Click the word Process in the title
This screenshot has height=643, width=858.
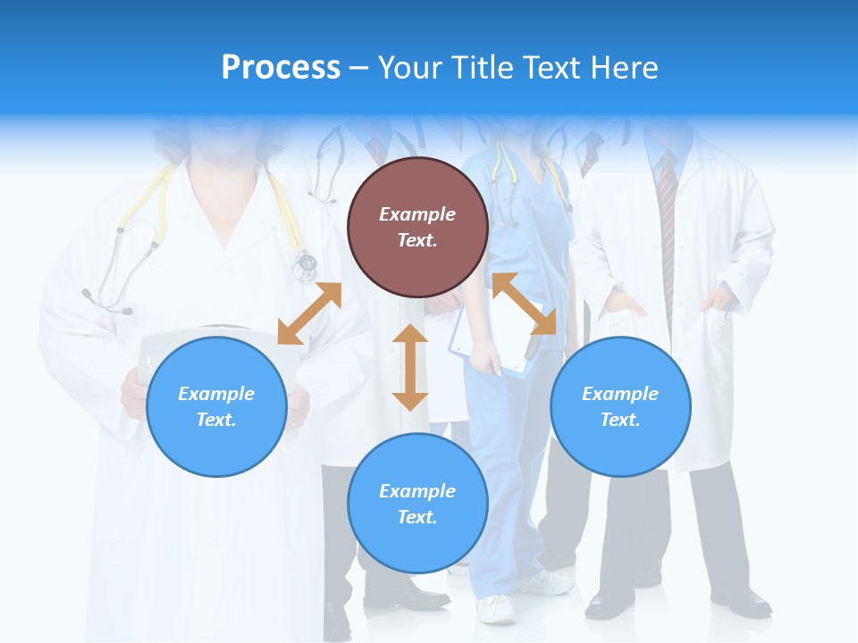281,67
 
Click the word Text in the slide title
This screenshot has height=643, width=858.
552,67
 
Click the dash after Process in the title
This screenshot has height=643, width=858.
358,69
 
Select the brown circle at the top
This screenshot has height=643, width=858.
417,227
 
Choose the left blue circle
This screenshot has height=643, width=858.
216,406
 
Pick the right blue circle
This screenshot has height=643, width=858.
620,406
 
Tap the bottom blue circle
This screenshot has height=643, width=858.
417,504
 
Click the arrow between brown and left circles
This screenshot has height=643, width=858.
309,313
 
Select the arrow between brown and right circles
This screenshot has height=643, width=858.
525,305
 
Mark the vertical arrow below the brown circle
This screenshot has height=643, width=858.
410,367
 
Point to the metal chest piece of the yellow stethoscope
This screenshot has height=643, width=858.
305,263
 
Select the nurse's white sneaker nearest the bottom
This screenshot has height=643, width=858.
496,609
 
